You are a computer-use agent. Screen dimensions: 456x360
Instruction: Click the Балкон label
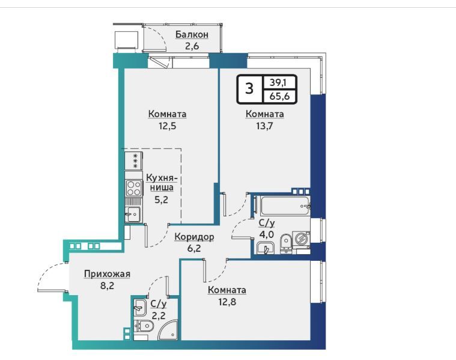click(x=192, y=35)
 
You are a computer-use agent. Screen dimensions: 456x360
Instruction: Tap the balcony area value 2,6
click(x=192, y=46)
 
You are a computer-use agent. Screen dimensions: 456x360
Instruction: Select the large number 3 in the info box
click(x=249, y=88)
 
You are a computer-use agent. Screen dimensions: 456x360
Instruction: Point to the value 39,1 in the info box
click(x=278, y=83)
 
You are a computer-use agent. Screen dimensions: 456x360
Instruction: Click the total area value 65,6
click(x=279, y=96)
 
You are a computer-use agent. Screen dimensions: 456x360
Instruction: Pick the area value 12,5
click(x=167, y=126)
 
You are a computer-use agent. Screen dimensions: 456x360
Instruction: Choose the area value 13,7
click(x=264, y=126)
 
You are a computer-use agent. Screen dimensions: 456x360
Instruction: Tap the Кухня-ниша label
click(x=162, y=182)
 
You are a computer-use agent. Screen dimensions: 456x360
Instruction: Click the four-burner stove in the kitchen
click(x=134, y=188)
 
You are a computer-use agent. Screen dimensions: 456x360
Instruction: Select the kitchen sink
click(x=133, y=215)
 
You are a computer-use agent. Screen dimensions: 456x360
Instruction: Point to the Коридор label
click(x=194, y=237)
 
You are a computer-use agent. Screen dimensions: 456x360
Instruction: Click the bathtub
click(x=285, y=206)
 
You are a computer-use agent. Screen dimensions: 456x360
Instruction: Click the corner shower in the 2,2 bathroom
click(x=168, y=330)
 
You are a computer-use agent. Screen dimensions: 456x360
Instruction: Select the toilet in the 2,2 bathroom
click(x=144, y=326)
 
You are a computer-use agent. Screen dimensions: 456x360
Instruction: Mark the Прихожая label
click(x=107, y=274)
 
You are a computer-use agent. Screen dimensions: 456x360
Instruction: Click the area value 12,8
click(x=228, y=302)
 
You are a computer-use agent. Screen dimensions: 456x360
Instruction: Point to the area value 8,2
click(x=107, y=285)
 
